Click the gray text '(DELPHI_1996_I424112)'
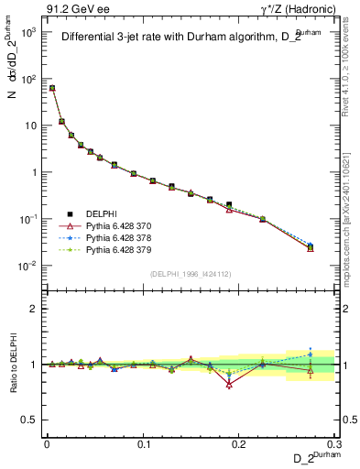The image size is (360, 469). pos(191,273)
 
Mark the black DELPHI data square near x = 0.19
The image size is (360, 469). pos(229,205)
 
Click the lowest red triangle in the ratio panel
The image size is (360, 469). pos(229,385)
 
